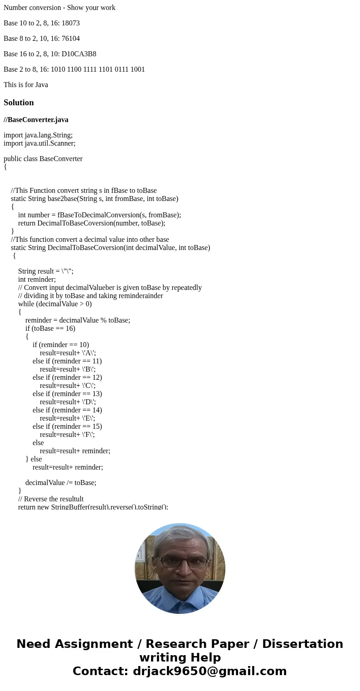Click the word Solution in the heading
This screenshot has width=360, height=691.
tap(19, 103)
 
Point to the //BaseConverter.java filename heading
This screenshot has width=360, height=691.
tap(36, 120)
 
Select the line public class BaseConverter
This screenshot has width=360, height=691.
tap(43, 159)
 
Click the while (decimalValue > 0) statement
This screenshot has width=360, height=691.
tap(55, 304)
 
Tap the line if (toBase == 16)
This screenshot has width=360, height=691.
tap(50, 328)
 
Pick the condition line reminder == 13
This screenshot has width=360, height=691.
tap(67, 394)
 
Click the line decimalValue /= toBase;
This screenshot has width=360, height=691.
tap(61, 483)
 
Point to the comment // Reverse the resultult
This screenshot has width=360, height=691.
tap(51, 499)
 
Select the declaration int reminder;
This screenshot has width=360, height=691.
tap(37, 279)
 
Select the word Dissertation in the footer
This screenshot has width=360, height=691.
tap(302, 644)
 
